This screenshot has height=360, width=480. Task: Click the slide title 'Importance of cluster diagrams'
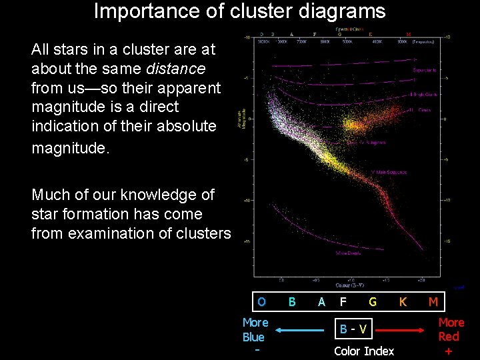pyautogui.click(x=239, y=11)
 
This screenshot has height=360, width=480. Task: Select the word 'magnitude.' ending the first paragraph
pyautogui.click(x=69, y=147)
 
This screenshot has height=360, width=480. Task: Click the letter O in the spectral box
pyautogui.click(x=261, y=302)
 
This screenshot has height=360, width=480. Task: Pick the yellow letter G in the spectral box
pyautogui.click(x=373, y=302)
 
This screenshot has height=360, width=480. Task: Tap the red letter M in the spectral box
pyautogui.click(x=433, y=302)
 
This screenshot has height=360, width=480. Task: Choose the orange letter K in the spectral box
pyautogui.click(x=403, y=302)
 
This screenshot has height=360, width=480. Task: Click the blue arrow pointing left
pyautogui.click(x=300, y=329)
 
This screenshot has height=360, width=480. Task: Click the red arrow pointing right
pyautogui.click(x=401, y=329)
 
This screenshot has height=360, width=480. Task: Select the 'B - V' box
pyautogui.click(x=353, y=329)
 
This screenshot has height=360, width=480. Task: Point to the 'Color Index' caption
pyautogui.click(x=364, y=351)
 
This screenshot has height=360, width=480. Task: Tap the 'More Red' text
pyautogui.click(x=451, y=329)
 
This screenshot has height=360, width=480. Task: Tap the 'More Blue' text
pyautogui.click(x=255, y=329)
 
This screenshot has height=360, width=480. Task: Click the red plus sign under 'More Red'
pyautogui.click(x=448, y=351)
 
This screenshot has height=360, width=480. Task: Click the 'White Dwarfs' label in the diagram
pyautogui.click(x=347, y=253)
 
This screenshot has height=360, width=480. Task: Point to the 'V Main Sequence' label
pyautogui.click(x=389, y=173)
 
